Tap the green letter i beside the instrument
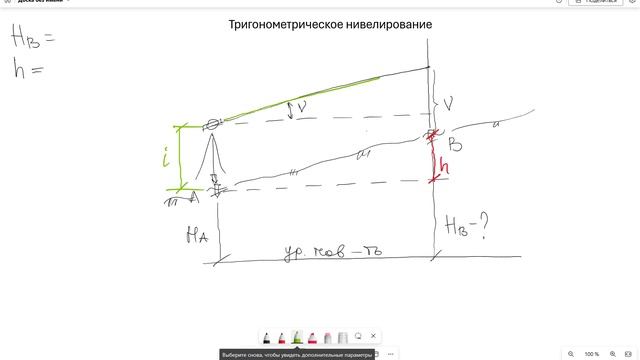[x=171, y=158]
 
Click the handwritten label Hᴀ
[x=195, y=236]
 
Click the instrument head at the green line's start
[x=212, y=125]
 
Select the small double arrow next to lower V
[x=291, y=110]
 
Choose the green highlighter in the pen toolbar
[x=297, y=337]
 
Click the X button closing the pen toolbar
[x=373, y=337]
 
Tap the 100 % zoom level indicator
[x=592, y=354]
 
